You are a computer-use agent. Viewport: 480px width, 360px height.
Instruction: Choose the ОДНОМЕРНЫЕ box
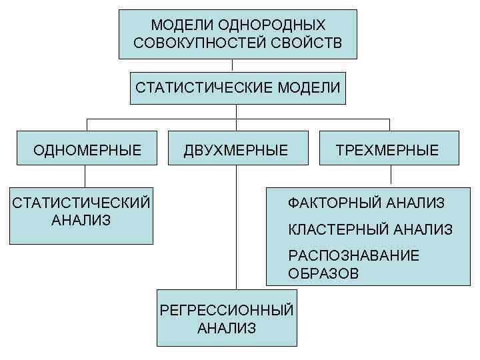(87, 150)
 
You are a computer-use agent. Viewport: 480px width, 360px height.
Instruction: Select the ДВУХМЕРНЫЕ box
(236, 150)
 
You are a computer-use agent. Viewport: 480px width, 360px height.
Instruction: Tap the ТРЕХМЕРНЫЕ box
(390, 150)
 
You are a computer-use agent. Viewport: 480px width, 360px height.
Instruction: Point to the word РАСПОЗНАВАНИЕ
(353, 256)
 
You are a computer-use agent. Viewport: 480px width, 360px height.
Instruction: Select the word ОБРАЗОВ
(323, 273)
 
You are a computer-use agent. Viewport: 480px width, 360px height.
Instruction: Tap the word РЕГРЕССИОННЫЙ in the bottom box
(227, 310)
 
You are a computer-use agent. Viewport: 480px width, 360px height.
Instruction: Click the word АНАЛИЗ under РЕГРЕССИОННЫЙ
(227, 327)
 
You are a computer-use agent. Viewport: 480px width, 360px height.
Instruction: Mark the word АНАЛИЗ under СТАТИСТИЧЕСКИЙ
(81, 219)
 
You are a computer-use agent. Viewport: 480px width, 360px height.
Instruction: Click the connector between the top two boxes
(233, 65)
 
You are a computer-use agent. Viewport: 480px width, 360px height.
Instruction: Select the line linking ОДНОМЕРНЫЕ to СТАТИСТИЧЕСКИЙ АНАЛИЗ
(85, 176)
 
